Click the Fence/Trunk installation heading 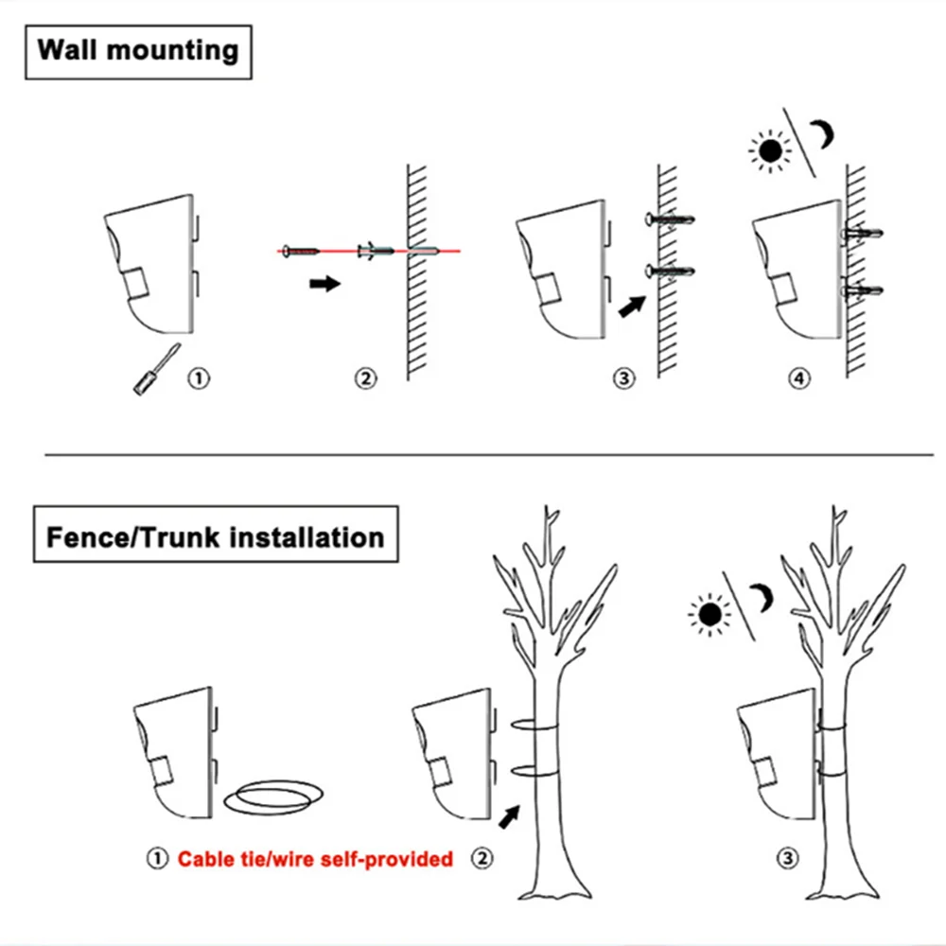[x=216, y=537]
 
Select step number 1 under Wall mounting [x=199, y=378]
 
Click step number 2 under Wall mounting [x=365, y=379]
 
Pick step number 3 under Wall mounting [x=622, y=379]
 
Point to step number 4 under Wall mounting [x=799, y=379]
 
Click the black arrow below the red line [x=324, y=283]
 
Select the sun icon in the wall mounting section [x=768, y=150]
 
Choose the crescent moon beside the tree [x=762, y=599]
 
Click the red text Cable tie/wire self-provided [x=316, y=859]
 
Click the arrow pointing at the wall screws [x=631, y=307]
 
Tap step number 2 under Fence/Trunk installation [x=483, y=859]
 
